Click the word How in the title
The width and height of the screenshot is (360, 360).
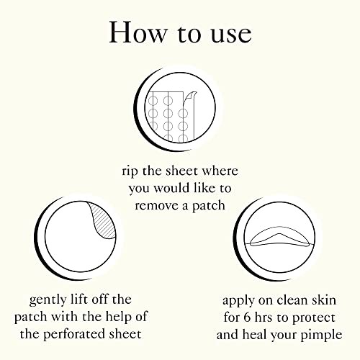(x=138, y=32)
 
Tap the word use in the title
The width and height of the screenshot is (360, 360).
(x=231, y=35)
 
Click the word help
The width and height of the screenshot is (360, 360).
(x=119, y=317)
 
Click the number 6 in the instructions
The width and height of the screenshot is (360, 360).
(x=247, y=318)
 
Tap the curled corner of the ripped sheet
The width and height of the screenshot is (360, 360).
(x=190, y=99)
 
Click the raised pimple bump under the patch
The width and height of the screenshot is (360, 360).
(x=278, y=238)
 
